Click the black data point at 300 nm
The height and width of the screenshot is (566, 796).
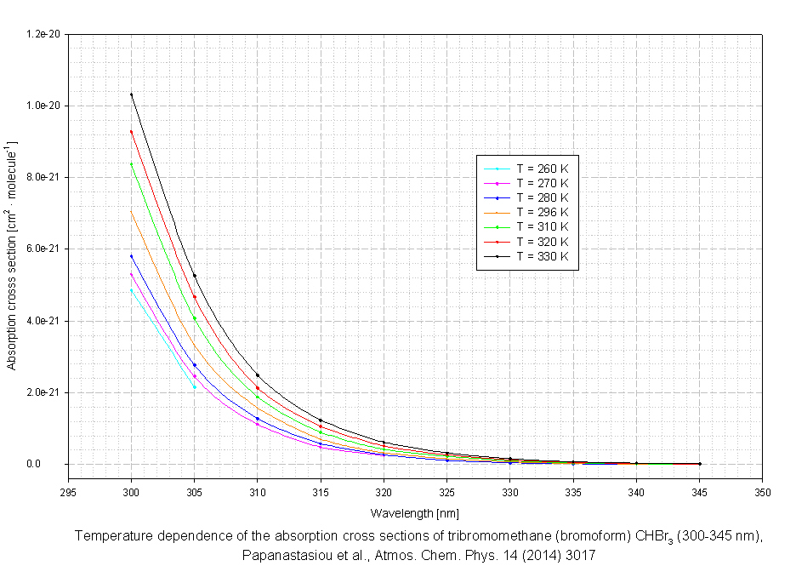point(132,94)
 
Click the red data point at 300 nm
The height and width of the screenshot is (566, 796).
point(132,132)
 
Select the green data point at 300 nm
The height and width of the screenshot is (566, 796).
point(132,164)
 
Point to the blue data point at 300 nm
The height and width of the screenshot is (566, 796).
point(132,256)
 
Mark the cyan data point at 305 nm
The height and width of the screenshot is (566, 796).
point(195,387)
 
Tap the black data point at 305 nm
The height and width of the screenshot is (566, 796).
point(195,276)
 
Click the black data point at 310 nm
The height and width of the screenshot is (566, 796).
point(258,375)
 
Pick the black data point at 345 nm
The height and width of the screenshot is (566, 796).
point(700,464)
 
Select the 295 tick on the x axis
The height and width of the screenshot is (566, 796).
point(69,493)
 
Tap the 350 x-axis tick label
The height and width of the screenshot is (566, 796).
point(763,493)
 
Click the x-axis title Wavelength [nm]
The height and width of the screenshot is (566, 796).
point(415,513)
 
